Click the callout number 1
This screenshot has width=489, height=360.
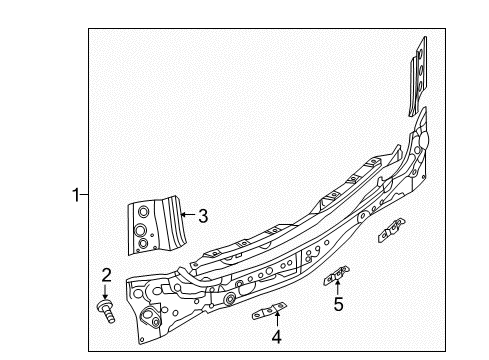click(76, 195)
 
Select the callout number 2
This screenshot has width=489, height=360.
click(106, 275)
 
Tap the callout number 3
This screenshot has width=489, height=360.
click(203, 216)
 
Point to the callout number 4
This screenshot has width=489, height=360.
click(277, 337)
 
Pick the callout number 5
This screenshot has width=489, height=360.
click(338, 304)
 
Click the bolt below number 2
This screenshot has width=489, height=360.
click(106, 311)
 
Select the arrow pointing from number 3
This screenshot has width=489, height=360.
click(189, 214)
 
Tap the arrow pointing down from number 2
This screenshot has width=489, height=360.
click(105, 291)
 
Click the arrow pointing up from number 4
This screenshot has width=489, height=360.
click(277, 318)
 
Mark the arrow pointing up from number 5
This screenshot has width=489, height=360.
click(338, 288)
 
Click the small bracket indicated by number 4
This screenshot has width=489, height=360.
click(269, 311)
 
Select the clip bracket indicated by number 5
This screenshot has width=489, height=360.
click(337, 275)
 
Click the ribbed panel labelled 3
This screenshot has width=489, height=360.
click(157, 225)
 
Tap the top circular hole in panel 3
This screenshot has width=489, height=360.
click(143, 212)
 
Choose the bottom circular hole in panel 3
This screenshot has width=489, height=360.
click(144, 243)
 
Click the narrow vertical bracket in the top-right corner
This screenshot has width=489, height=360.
click(418, 76)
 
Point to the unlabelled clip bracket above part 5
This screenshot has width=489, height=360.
click(392, 230)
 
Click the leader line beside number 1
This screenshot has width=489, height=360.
click(84, 194)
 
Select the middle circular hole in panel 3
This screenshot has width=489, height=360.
click(140, 230)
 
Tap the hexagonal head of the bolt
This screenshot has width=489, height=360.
click(105, 305)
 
